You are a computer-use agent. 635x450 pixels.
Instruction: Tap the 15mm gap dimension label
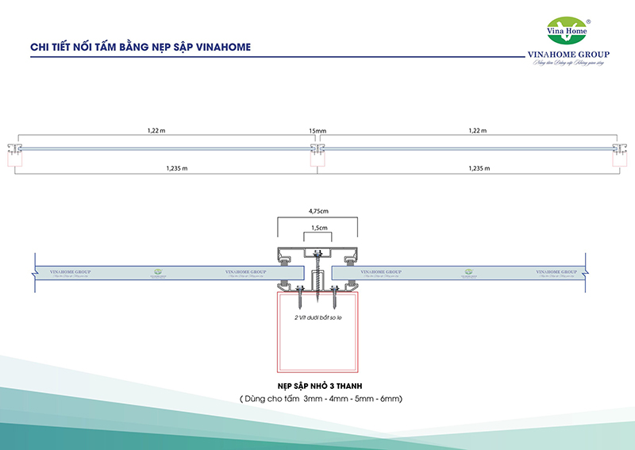[317, 130]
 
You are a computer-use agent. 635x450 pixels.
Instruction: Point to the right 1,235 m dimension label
[479, 168]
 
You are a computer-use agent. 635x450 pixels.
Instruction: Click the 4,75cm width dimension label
[317, 212]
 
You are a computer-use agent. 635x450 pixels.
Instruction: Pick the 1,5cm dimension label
[317, 227]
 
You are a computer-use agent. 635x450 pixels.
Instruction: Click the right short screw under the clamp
[335, 298]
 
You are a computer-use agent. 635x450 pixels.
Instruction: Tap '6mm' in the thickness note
[392, 398]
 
